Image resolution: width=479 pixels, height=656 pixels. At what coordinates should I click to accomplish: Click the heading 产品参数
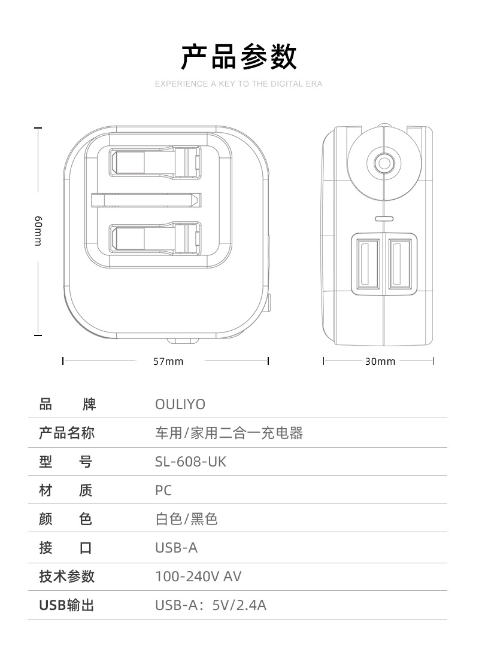coord(238,56)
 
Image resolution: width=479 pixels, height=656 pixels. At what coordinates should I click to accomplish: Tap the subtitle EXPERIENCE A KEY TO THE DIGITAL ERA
coord(238,84)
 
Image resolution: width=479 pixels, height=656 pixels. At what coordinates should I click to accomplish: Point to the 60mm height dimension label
coord(38,230)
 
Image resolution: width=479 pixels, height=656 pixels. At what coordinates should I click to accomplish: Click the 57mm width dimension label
coord(168,361)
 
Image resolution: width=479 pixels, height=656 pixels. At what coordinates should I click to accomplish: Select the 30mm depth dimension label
coord(380,361)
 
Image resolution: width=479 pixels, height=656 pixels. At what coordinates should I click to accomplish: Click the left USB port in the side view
coord(368,264)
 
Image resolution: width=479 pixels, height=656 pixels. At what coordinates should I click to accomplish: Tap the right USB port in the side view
coord(399,264)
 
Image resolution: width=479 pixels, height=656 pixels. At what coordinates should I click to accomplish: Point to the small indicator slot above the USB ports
coord(384,218)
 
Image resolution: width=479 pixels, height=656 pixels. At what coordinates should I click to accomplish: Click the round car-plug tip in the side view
coord(383,163)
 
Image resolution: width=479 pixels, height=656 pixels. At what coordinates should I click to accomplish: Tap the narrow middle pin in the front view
coord(144,199)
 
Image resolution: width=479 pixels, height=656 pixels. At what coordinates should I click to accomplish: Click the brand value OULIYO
coord(180,405)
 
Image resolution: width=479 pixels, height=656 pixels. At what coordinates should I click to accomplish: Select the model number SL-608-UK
coord(191,462)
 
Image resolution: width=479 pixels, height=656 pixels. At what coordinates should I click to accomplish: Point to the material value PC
coord(163,490)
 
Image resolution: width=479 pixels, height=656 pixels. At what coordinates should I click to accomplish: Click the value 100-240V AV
coord(198,576)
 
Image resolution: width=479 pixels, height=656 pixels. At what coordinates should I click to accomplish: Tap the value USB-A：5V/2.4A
coord(211,605)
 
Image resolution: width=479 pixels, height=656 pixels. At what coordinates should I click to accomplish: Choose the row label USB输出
coord(66,605)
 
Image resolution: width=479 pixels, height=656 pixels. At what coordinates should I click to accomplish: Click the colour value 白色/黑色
coord(186,519)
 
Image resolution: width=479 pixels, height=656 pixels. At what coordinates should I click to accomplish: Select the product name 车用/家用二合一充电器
coord(229,433)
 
